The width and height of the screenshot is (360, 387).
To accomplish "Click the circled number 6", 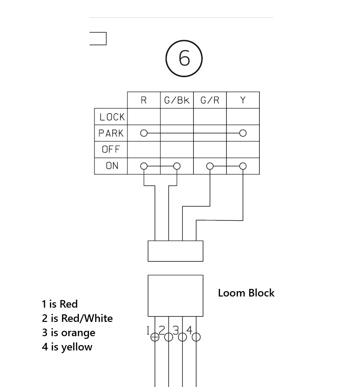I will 184,58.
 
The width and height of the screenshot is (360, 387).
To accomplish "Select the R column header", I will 143,100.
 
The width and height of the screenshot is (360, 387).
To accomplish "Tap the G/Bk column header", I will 177,100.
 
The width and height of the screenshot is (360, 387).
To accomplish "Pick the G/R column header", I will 210,100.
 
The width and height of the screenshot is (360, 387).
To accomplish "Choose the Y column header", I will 243,100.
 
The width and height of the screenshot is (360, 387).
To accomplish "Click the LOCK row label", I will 112,117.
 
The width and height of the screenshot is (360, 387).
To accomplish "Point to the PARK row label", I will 111,133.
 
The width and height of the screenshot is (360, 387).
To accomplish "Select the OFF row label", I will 111,149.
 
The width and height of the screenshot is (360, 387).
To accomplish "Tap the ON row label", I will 112,165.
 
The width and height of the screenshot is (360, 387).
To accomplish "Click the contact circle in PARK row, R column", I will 143,133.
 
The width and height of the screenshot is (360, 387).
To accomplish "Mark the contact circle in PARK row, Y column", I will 243,133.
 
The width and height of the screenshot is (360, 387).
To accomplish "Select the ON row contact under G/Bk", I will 177,166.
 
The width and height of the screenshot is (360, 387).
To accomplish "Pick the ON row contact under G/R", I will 210,166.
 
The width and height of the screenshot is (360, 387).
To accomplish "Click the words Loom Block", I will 246,293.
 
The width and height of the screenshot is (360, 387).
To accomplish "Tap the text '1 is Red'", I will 60,304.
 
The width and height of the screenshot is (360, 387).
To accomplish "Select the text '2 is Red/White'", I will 77,318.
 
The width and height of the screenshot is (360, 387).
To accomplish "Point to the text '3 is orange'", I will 69,333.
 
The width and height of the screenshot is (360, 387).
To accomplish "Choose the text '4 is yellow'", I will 67,347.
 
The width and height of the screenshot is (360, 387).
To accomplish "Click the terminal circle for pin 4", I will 196,337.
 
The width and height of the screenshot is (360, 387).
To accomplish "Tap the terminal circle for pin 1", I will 155,337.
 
